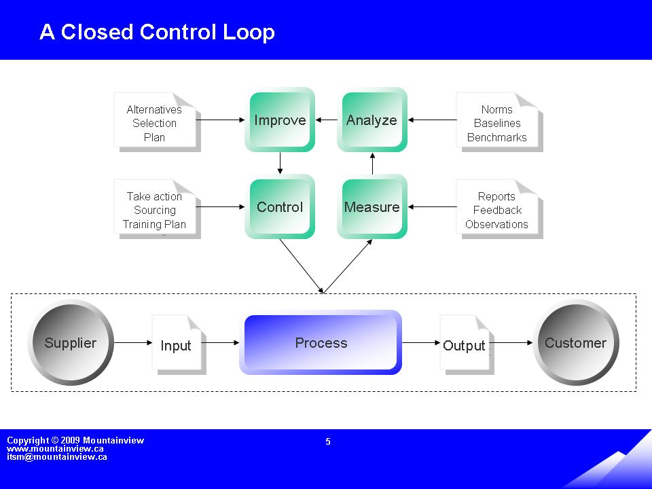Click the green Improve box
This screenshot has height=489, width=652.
coord(280,120)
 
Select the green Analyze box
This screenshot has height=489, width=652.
coord(372,120)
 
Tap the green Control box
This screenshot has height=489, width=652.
coord(280,207)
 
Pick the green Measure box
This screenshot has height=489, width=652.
coord(372,207)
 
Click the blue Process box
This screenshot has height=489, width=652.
coord(321,343)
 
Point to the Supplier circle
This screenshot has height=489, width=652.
coord(71,343)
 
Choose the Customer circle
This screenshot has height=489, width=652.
coord(575,343)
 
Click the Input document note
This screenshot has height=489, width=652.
coord(177,345)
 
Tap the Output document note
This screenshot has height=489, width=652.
coord(465,345)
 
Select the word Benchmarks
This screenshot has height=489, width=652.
coord(496,137)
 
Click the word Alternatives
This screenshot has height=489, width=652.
coord(154,109)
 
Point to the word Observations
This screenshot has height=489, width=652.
coord(496,224)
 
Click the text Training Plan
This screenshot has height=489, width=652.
coord(154,224)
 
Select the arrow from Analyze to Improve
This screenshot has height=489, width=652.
coord(327,120)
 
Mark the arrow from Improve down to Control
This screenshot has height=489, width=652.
coord(280,162)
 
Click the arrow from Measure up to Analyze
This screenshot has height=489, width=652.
coord(372,164)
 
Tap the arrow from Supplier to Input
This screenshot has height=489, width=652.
coord(133,343)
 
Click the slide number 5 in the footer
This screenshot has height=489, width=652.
coord(328,441)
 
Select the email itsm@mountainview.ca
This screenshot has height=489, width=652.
coord(56,457)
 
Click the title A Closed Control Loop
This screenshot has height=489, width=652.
coord(157,32)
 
